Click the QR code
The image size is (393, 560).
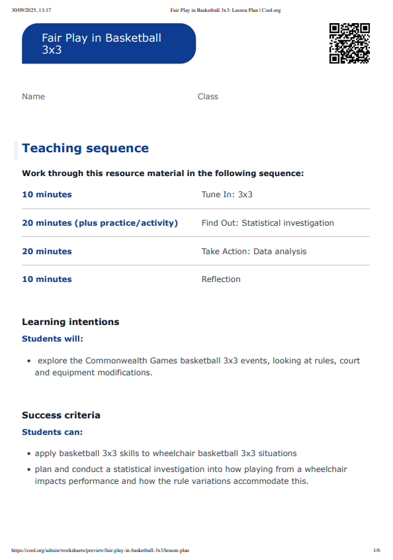pyautogui.click(x=349, y=43)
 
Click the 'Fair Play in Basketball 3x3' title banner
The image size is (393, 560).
pyautogui.click(x=109, y=44)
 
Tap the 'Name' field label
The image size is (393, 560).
pyautogui.click(x=33, y=97)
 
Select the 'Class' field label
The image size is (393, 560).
pyautogui.click(x=208, y=97)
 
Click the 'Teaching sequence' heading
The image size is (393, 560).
pyautogui.click(x=85, y=148)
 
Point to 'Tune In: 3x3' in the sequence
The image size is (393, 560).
pyautogui.click(x=227, y=195)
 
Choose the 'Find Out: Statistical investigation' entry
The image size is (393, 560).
pyautogui.click(x=267, y=223)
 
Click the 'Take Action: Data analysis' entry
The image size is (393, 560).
pyautogui.click(x=253, y=252)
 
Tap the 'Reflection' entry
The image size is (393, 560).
pyautogui.click(x=221, y=279)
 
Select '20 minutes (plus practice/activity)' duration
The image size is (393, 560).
pyautogui.click(x=100, y=223)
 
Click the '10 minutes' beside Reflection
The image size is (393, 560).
pyautogui.click(x=47, y=279)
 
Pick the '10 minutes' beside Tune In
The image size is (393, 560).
pyautogui.click(x=47, y=195)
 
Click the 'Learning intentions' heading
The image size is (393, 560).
pyautogui.click(x=71, y=322)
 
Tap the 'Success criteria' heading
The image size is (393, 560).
pyautogui.click(x=61, y=416)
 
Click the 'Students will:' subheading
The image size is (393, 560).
pyautogui.click(x=53, y=339)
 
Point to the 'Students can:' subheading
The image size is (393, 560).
pyautogui.click(x=52, y=432)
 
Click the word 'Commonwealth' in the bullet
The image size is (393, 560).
pyautogui.click(x=114, y=361)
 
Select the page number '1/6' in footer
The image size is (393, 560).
pyautogui.click(x=376, y=550)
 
